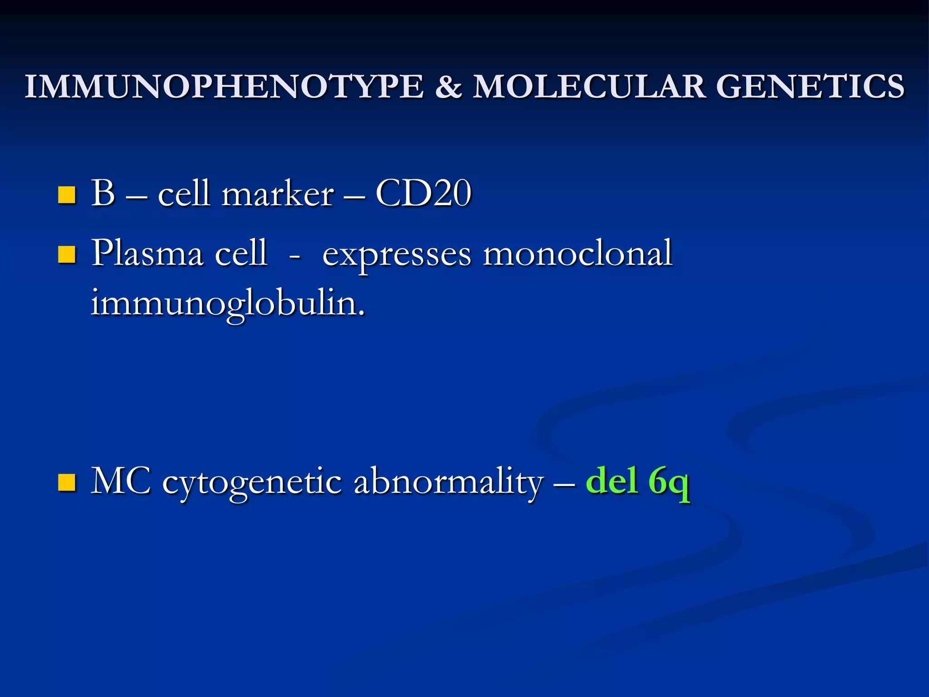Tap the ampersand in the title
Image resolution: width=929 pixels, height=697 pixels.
(x=448, y=86)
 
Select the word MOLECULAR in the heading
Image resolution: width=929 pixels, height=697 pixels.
(x=589, y=86)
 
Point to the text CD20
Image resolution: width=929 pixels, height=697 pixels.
(x=423, y=194)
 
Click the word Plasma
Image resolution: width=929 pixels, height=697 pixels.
(x=147, y=253)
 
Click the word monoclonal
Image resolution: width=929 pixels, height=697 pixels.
(x=577, y=253)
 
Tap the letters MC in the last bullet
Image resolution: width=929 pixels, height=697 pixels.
(x=121, y=481)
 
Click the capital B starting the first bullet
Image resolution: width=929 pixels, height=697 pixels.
(x=103, y=194)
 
